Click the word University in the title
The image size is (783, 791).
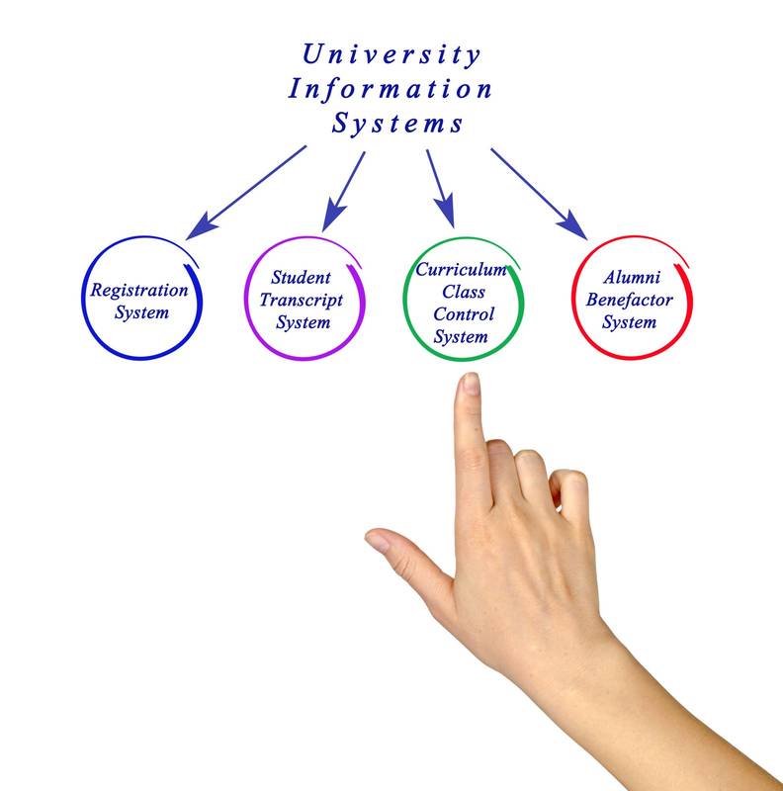tap(391, 53)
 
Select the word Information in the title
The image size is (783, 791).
tap(391, 89)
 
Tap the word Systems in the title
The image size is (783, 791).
tap(396, 125)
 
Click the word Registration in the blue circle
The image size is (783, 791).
tap(139, 291)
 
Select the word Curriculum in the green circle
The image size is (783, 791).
tap(461, 269)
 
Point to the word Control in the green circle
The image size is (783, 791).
tap(462, 314)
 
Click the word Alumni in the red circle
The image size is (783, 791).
tap(630, 278)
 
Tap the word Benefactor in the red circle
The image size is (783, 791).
tap(630, 300)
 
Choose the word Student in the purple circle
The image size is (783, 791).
tap(301, 278)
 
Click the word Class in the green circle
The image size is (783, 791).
tap(461, 292)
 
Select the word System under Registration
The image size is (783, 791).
tap(141, 312)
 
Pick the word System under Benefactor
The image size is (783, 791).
tap(630, 322)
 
